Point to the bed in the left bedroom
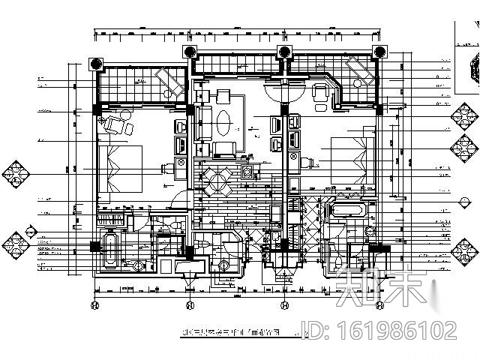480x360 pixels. click(120, 169)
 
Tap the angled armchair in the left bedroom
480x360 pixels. click(116, 124)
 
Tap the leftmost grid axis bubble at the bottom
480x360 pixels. click(94, 305)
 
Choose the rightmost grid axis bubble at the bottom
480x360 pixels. click(379, 305)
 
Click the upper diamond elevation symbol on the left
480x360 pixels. click(17, 172)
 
